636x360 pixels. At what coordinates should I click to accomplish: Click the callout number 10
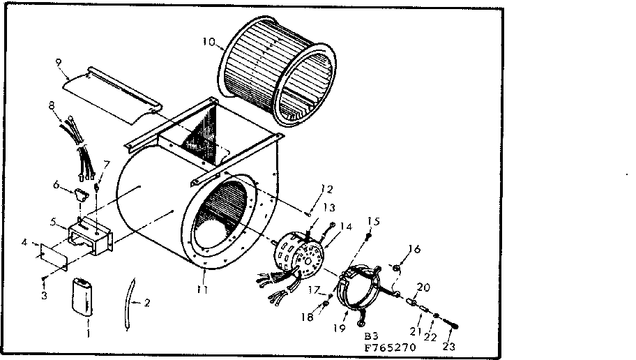click(209, 41)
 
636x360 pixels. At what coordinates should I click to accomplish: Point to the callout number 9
click(59, 61)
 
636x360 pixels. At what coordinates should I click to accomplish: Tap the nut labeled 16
click(397, 267)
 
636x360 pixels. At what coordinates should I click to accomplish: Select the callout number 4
click(26, 243)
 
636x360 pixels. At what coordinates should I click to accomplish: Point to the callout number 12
click(326, 188)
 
